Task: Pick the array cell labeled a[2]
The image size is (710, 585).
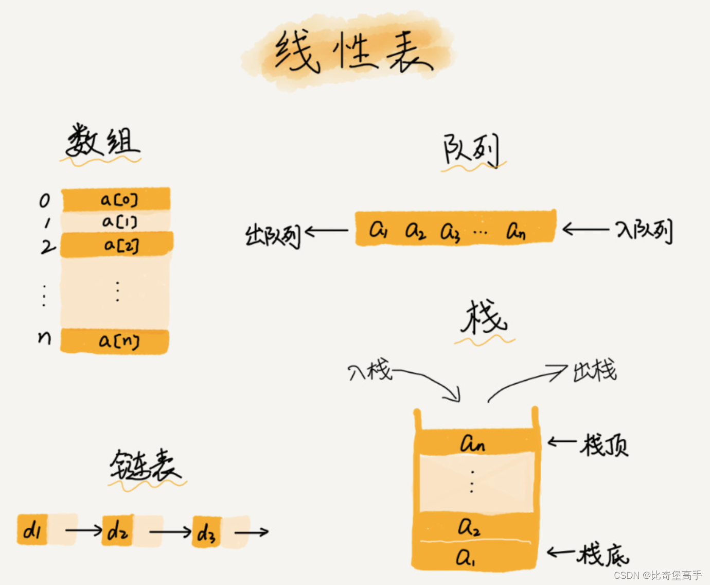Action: pyautogui.click(x=119, y=245)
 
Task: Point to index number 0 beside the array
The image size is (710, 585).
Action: pyautogui.click(x=45, y=200)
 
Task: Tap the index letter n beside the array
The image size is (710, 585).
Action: pyautogui.click(x=45, y=337)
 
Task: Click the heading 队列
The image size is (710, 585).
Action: pyautogui.click(x=471, y=150)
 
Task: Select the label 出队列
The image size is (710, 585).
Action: pyautogui.click(x=273, y=236)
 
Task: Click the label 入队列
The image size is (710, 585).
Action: pyautogui.click(x=644, y=231)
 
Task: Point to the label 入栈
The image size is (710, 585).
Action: pyautogui.click(x=369, y=371)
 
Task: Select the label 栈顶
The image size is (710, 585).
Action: pyautogui.click(x=605, y=444)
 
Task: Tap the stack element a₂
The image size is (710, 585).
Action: pyautogui.click(x=469, y=527)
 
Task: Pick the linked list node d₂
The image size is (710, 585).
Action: pyautogui.click(x=118, y=531)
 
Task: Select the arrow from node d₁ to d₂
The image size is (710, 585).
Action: pyautogui.click(x=83, y=530)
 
